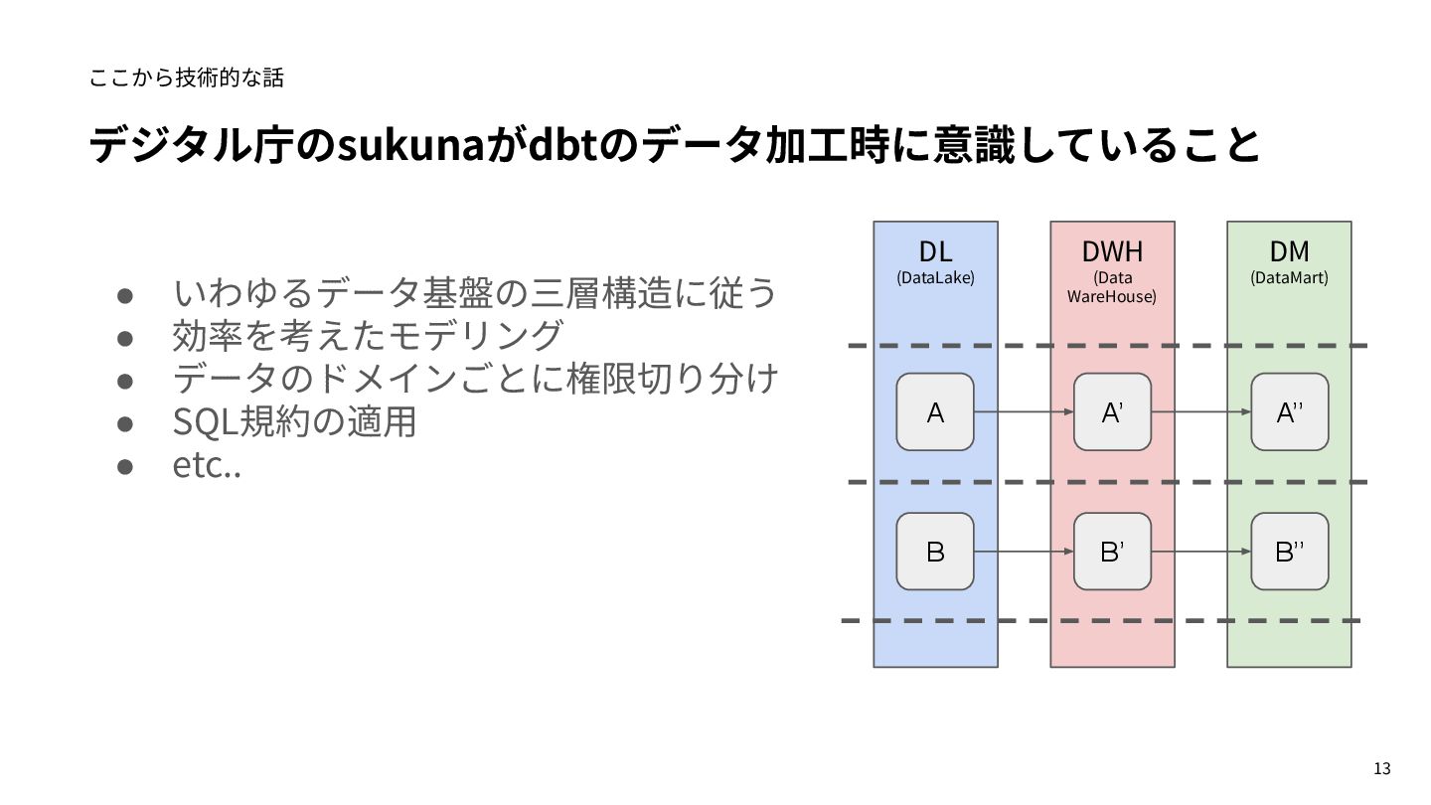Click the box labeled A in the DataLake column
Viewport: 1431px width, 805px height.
point(935,411)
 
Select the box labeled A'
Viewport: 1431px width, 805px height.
point(1112,411)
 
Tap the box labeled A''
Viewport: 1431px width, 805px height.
point(1289,411)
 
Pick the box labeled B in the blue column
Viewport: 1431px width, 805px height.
point(935,551)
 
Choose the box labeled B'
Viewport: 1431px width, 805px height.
point(1112,551)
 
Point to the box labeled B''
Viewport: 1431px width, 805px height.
point(1289,551)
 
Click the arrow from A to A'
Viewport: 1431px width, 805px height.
point(1024,411)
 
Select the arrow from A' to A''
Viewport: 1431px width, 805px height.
point(1200,411)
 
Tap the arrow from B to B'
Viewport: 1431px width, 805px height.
point(1024,551)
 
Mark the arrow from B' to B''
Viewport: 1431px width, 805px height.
point(1200,551)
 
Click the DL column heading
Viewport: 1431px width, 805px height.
point(935,251)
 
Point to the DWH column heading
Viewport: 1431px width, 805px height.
point(1112,251)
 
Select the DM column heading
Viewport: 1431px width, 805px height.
point(1289,251)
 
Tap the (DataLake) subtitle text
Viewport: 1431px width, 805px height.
point(935,278)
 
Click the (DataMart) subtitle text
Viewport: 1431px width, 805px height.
point(1289,278)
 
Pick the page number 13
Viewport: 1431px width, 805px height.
point(1381,768)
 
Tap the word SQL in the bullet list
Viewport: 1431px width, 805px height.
point(203,422)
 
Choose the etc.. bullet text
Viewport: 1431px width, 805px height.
point(207,465)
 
